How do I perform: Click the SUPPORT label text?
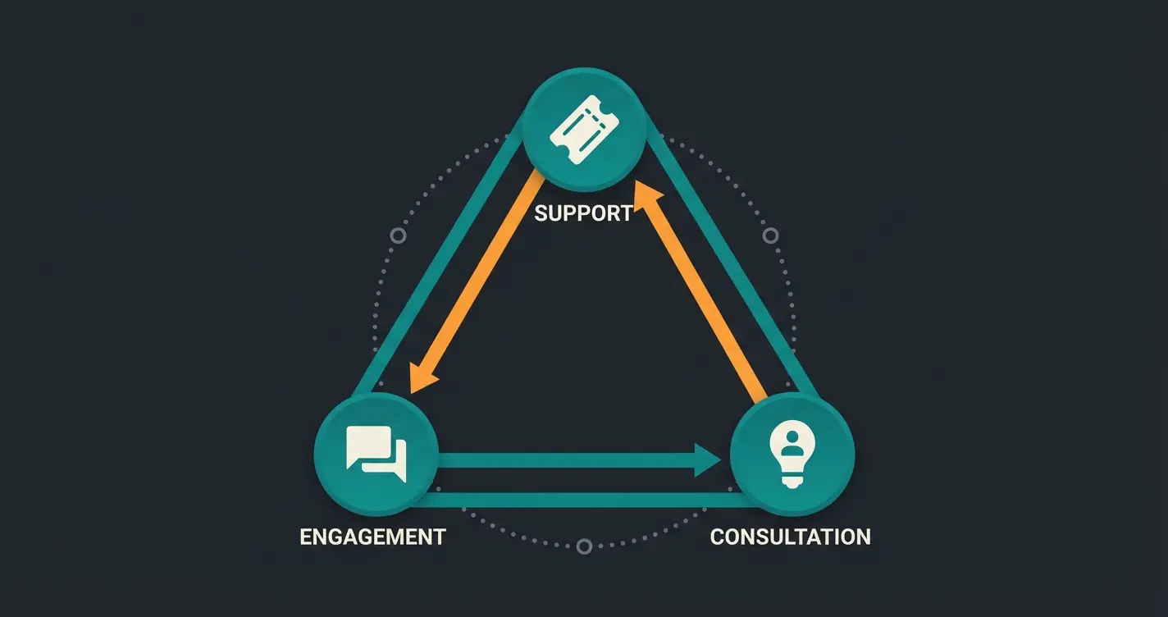[x=583, y=213]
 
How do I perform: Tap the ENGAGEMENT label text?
[x=372, y=537]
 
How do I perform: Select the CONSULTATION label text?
[x=790, y=537]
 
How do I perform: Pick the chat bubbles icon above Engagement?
[x=376, y=454]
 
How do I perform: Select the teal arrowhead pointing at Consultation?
[x=707, y=459]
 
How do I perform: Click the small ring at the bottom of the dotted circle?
[x=584, y=546]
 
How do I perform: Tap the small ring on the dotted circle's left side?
[x=399, y=235]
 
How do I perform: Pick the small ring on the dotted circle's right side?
[x=770, y=235]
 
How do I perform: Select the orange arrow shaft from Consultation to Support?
[x=705, y=295]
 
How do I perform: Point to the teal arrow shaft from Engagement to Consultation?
[x=566, y=460]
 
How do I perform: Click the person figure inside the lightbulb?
[x=792, y=444]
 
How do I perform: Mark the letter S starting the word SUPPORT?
[x=541, y=213]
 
